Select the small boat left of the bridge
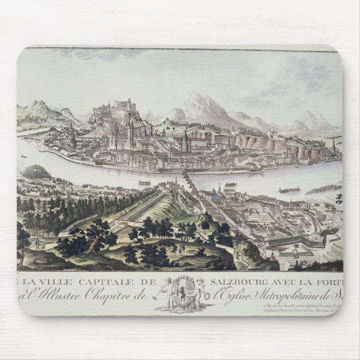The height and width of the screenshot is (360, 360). tap(145, 183)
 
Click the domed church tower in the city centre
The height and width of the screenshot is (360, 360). tap(185, 140)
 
